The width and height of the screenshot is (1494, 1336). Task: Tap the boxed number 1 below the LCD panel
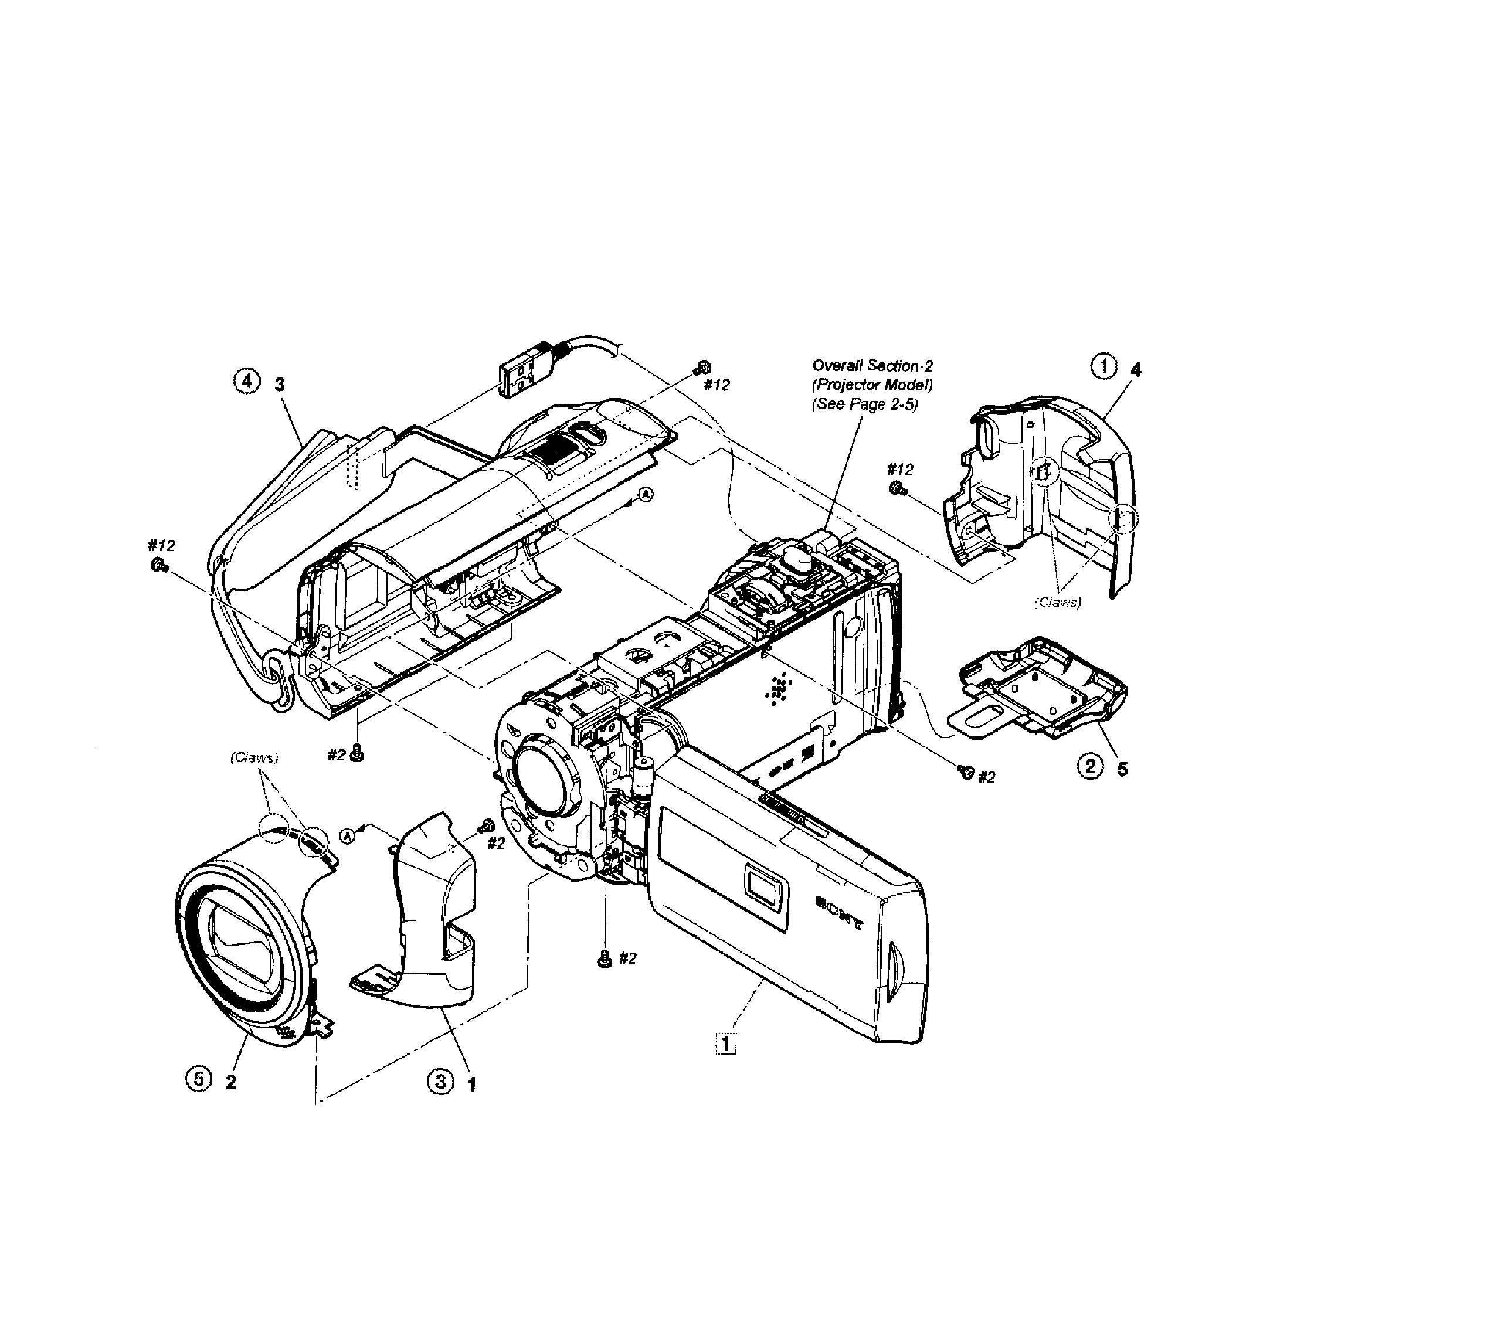(725, 1043)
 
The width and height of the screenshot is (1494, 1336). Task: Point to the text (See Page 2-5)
(864, 404)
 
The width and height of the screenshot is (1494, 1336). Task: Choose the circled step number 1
(1103, 366)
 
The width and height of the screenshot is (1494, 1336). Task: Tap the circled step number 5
(198, 1078)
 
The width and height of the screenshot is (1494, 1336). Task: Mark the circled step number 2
(1089, 767)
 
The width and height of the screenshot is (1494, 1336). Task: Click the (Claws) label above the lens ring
(254, 757)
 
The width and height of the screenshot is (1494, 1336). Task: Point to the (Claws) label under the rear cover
(1057, 602)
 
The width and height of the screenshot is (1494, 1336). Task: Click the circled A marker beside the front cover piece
(348, 835)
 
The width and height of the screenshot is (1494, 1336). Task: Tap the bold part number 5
(1122, 769)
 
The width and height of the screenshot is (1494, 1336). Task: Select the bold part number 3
(279, 385)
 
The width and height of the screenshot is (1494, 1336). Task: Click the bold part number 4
(1136, 370)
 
